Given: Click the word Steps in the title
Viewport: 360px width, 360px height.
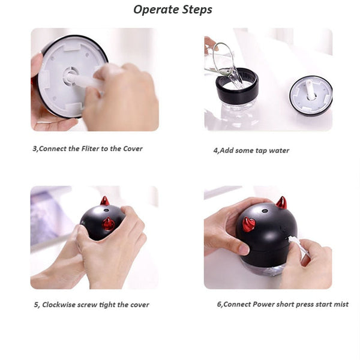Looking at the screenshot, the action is [197, 10].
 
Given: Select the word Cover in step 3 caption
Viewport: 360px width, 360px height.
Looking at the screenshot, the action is [133, 149].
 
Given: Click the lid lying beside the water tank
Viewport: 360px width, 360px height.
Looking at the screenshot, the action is [311, 95].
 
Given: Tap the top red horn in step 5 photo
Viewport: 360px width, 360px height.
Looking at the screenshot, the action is [104, 201].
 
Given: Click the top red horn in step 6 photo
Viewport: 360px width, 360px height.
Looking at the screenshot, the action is [281, 202].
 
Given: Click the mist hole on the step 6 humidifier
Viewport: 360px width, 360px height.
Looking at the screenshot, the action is [265, 211].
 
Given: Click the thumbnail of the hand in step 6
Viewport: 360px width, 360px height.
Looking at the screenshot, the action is [244, 249].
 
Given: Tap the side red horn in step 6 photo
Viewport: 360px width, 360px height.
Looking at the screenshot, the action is [248, 224].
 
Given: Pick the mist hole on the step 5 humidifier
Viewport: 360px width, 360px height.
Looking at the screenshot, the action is [106, 210].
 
